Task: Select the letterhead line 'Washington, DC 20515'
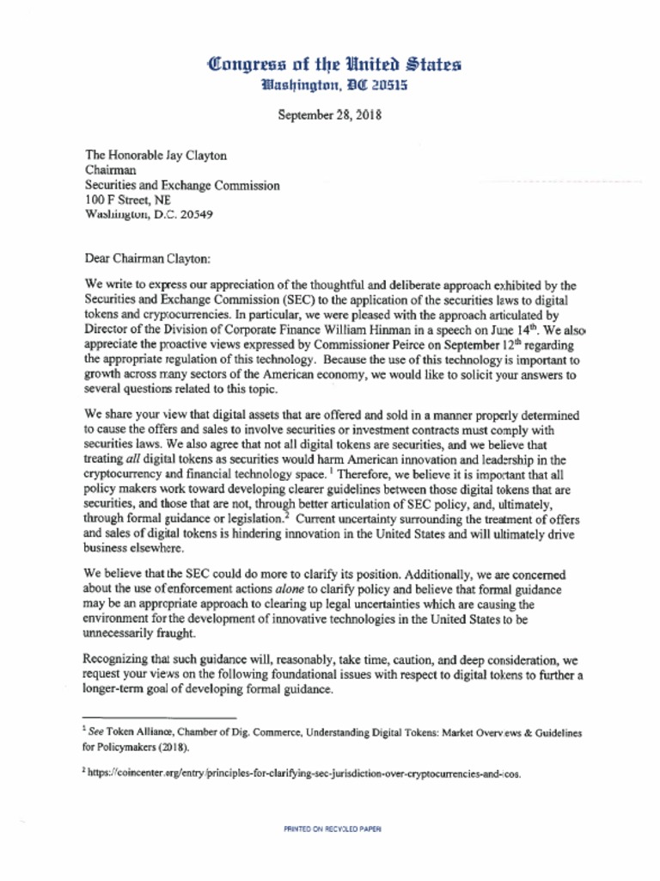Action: (334, 85)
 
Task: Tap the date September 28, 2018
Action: (329, 114)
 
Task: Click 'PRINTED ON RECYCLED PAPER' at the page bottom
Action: (333, 829)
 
